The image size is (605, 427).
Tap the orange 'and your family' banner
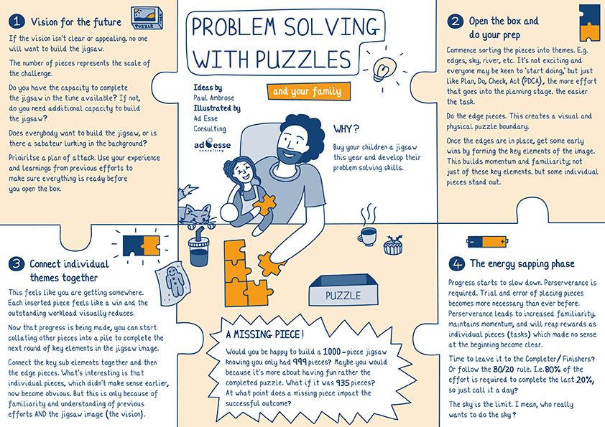(x=308, y=91)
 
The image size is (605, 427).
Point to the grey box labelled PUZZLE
(x=343, y=295)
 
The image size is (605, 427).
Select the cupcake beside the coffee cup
(x=392, y=245)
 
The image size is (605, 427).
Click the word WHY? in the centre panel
(x=346, y=129)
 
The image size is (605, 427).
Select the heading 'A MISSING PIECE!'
(x=264, y=334)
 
